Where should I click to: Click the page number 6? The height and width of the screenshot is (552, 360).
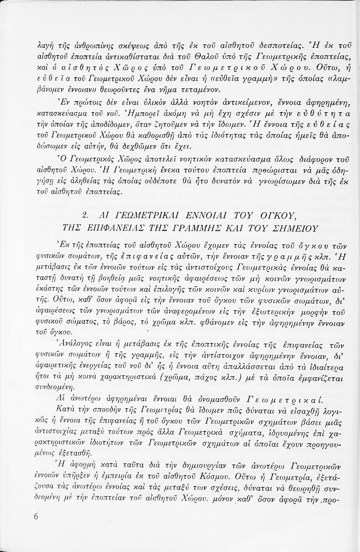click(36, 516)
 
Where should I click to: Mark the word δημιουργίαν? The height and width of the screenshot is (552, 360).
click(183, 469)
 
